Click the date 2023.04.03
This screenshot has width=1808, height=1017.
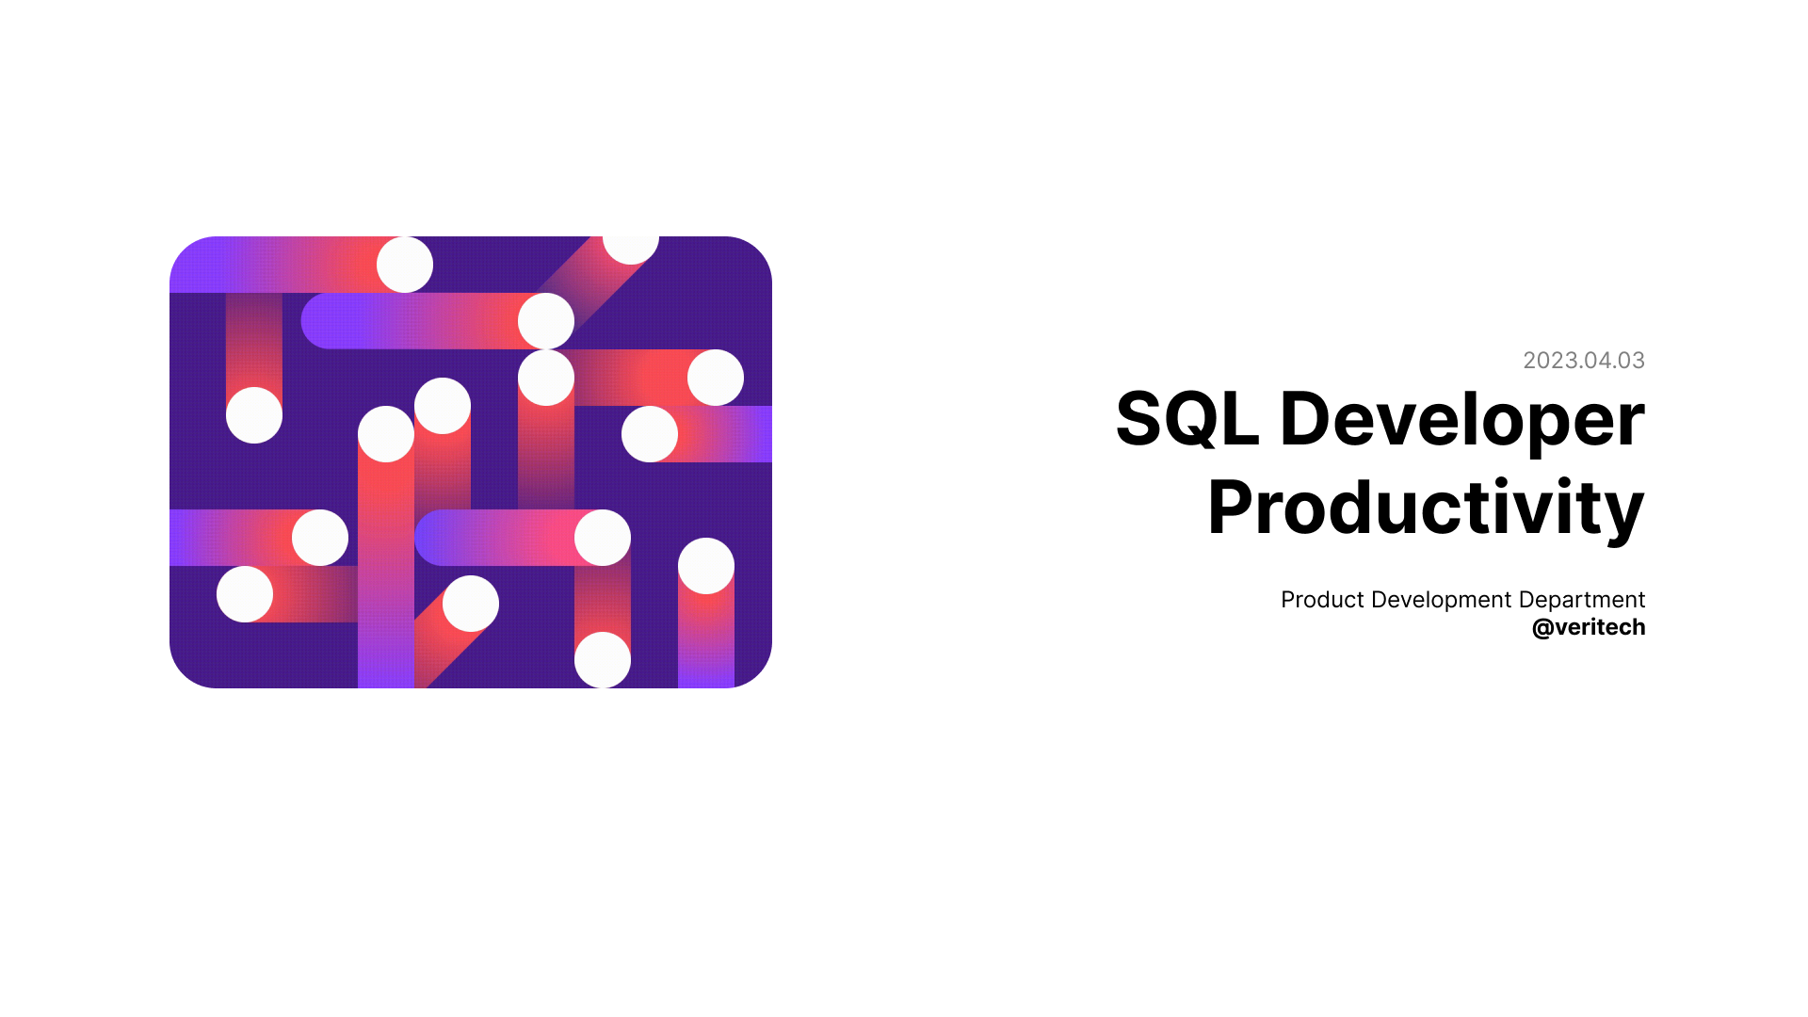[1583, 361]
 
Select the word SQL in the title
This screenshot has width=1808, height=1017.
[1186, 419]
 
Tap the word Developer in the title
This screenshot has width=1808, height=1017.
[1461, 419]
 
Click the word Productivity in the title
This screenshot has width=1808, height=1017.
[1426, 508]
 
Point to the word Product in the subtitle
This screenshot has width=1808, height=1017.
[1322, 600]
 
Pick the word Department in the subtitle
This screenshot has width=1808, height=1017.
[1582, 600]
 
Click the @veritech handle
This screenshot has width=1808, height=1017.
[1589, 627]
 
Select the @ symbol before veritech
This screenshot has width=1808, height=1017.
[1542, 628]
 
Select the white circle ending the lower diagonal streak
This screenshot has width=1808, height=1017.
[471, 604]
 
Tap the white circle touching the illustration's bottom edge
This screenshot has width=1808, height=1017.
[603, 660]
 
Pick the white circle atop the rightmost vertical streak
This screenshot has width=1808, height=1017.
[706, 566]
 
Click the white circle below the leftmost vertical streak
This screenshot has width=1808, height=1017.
[254, 415]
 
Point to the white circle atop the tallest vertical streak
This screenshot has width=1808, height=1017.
[386, 434]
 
